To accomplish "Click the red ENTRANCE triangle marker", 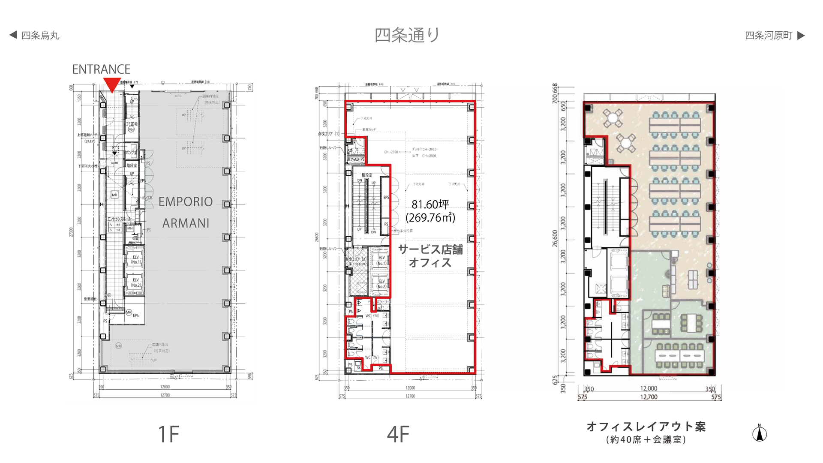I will [x=112, y=84].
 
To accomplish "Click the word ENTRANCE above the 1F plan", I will [x=101, y=69].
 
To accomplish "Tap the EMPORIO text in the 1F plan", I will [x=185, y=201].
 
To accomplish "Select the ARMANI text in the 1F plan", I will [x=186, y=223].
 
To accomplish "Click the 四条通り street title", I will [x=407, y=35].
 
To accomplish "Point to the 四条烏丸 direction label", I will [x=40, y=36].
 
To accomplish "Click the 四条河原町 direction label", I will [x=769, y=36].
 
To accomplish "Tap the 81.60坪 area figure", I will [x=430, y=204].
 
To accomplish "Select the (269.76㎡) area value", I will [x=430, y=217].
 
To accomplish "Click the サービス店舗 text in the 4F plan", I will [x=430, y=250].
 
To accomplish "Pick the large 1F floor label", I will [x=168, y=434].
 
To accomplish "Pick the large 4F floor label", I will [x=398, y=434].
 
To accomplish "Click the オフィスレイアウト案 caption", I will [x=646, y=427].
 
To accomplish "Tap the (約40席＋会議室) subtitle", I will [x=646, y=440].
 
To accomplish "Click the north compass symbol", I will [x=760, y=433].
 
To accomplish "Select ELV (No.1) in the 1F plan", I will [x=135, y=259].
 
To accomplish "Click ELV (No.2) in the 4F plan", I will [x=381, y=284].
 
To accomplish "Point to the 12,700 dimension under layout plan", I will [x=649, y=397].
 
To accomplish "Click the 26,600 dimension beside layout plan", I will [x=555, y=238].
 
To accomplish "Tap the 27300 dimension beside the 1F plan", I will [x=71, y=232].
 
